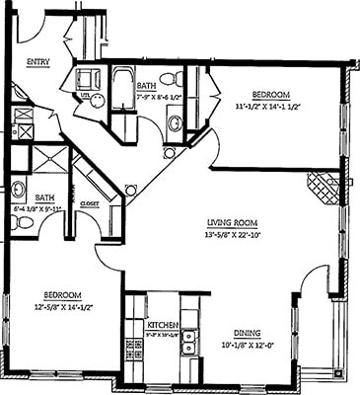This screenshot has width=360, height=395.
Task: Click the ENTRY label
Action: (x=38, y=61)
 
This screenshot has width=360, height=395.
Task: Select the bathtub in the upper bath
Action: (x=125, y=91)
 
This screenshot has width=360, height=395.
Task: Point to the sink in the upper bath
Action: (x=175, y=122)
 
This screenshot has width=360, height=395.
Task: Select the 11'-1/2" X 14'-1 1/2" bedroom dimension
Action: (x=269, y=105)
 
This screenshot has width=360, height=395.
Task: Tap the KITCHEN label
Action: (x=161, y=325)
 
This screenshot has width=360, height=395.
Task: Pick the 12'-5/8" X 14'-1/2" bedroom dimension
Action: (x=61, y=306)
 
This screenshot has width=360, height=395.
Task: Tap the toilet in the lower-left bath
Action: (x=23, y=222)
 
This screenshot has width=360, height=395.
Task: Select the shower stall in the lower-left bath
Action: (x=50, y=160)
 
